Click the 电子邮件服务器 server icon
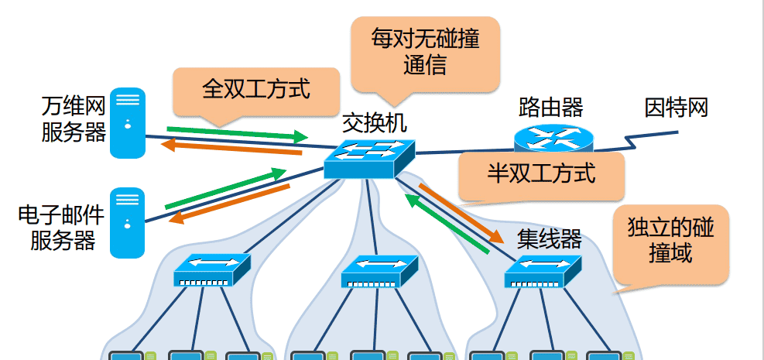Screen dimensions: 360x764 (x=127, y=222)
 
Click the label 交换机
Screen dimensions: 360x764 (x=374, y=122)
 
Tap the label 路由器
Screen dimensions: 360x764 (x=551, y=107)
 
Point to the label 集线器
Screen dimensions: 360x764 (x=549, y=238)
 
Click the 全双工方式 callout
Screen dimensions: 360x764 (x=256, y=89)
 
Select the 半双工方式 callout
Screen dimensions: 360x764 (x=541, y=173)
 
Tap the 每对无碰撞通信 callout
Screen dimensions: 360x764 (x=425, y=51)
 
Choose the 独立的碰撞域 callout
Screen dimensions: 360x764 (x=670, y=242)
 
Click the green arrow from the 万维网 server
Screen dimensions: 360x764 (x=237, y=132)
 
